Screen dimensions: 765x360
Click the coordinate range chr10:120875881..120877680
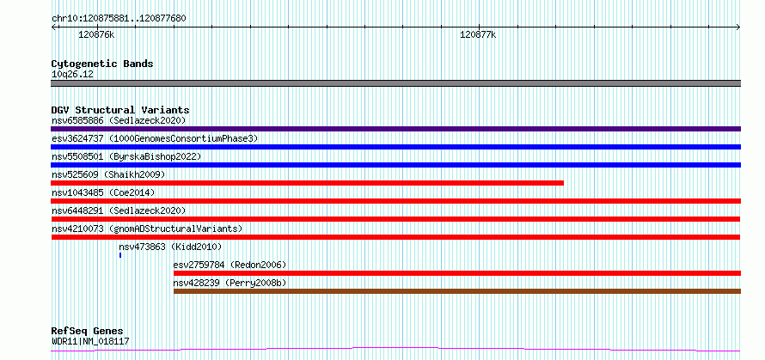[119, 19]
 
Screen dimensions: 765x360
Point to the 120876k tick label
[96, 34]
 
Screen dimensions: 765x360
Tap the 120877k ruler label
[478, 34]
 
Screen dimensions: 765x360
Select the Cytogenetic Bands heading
[102, 64]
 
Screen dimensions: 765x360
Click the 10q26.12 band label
[72, 75]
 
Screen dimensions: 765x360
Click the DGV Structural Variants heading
[120, 110]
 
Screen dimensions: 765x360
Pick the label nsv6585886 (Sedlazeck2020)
[119, 120]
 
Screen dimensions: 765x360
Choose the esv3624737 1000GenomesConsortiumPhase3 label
[155, 138]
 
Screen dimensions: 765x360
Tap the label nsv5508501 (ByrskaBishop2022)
[126, 156]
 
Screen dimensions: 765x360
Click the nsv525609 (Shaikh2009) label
[108, 174]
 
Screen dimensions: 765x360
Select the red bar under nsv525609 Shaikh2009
[308, 183]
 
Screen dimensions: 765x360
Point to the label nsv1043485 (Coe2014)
[103, 192]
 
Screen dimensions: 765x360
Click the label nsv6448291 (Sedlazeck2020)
[119, 211]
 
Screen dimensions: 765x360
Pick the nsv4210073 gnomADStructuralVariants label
[147, 229]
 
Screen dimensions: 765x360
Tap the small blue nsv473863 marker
[120, 255]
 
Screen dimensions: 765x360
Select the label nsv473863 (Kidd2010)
[170, 247]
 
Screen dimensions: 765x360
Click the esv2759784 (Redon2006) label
[229, 265]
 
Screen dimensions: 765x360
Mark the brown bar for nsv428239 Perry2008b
[457, 291]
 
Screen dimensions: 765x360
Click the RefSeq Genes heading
[87, 332]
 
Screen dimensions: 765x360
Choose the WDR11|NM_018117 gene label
[90, 341]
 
